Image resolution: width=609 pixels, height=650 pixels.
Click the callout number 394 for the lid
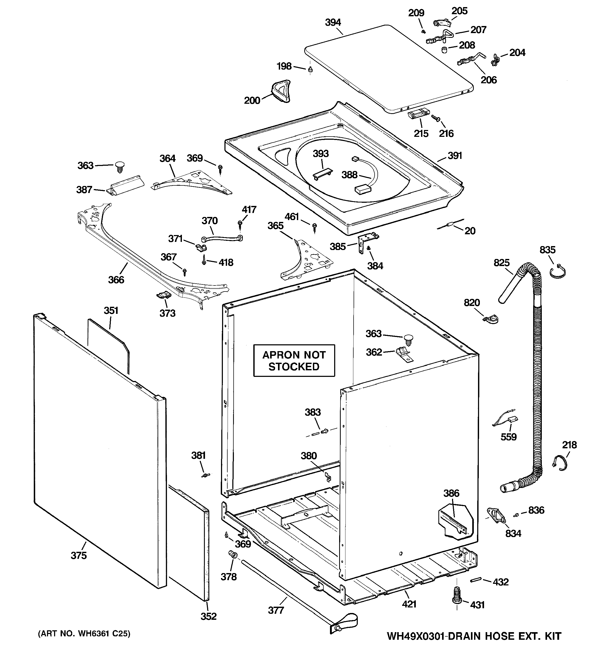(x=333, y=23)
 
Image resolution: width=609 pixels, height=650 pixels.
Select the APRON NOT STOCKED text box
(x=294, y=361)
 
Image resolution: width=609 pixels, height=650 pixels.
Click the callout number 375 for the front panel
(x=79, y=555)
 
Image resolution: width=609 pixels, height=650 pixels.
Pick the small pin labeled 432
(x=476, y=580)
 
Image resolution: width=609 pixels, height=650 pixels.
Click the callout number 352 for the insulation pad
(x=209, y=616)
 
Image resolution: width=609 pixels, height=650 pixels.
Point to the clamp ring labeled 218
(x=560, y=463)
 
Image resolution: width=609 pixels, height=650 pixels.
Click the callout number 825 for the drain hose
(x=501, y=263)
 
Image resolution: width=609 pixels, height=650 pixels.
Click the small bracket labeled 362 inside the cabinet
(x=404, y=354)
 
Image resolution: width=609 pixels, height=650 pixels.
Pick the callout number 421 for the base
(x=409, y=604)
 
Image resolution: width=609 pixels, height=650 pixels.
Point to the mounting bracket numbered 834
(x=496, y=515)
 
